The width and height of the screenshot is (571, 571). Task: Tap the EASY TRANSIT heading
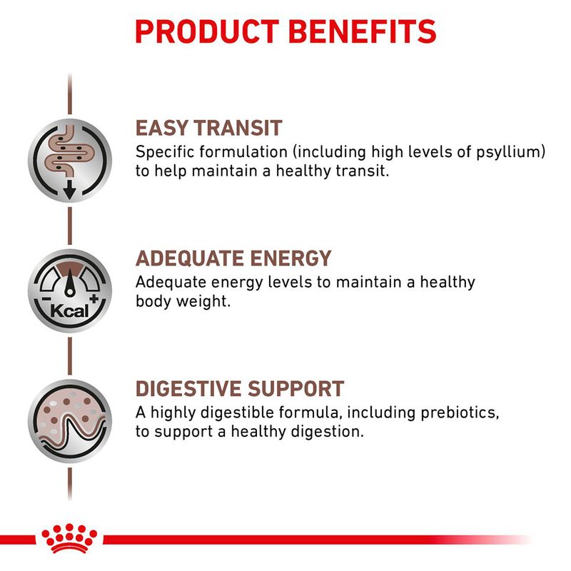(x=209, y=128)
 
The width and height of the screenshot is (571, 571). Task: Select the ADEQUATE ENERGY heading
(x=233, y=258)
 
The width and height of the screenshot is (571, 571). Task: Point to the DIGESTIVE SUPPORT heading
(x=240, y=389)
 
